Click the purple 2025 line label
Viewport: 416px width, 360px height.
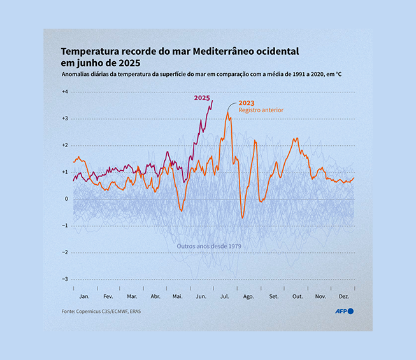(202, 98)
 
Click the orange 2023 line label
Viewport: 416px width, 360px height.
(247, 103)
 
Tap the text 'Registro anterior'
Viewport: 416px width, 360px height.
(261, 110)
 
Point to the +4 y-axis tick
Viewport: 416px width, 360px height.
(64, 92)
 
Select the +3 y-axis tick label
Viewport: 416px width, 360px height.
(64, 119)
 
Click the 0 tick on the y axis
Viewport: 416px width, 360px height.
(65, 199)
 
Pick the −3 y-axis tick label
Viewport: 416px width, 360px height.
(64, 279)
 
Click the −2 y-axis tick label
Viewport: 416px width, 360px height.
(64, 252)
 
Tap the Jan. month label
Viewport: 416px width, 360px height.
(84, 297)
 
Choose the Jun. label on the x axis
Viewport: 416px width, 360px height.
(201, 297)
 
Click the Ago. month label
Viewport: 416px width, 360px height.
(248, 297)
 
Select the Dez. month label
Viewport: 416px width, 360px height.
(343, 297)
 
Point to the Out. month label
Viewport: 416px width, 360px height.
(297, 297)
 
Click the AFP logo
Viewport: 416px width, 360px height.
(344, 311)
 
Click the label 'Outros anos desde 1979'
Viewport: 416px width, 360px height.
(208, 245)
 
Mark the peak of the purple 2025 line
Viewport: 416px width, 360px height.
(212, 101)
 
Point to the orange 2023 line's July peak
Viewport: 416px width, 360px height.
(227, 113)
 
